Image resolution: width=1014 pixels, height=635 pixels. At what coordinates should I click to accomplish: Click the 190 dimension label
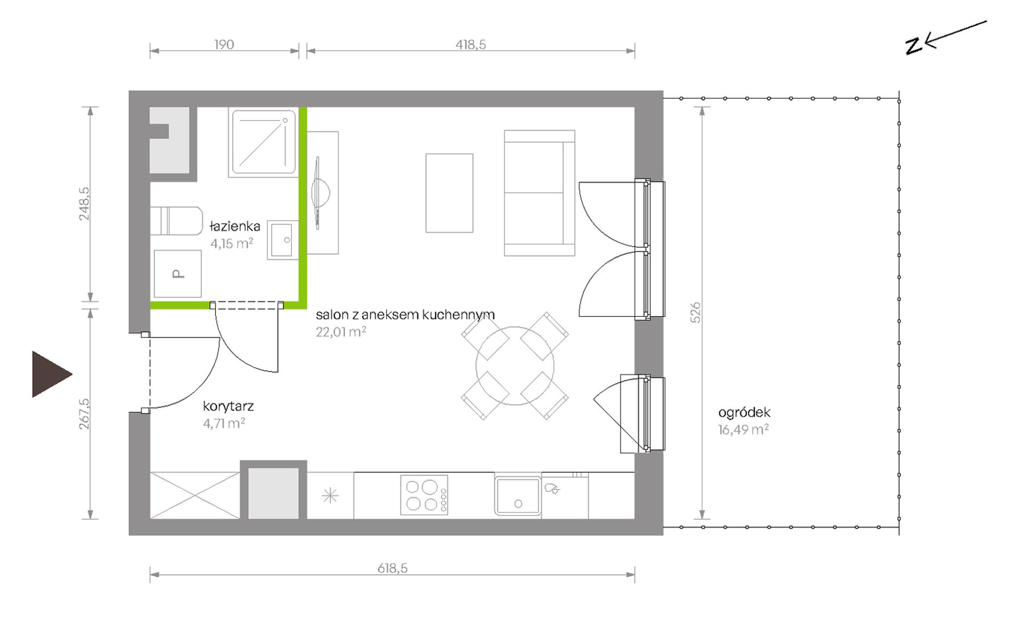(224, 44)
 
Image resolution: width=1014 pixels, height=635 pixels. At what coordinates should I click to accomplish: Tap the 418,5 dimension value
(471, 44)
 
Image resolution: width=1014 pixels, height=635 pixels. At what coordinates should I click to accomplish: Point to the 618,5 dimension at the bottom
(392, 568)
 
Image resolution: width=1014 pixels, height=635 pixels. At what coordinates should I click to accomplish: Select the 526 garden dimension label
(695, 312)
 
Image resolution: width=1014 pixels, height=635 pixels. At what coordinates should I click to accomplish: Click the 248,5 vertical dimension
(84, 203)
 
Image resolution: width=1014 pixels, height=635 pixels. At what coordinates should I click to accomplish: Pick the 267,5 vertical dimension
(84, 413)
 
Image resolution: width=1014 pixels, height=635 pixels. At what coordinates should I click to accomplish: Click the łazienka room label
(235, 226)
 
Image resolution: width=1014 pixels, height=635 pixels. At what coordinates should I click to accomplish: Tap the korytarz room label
(228, 406)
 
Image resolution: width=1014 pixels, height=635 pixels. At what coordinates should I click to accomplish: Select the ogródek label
(744, 412)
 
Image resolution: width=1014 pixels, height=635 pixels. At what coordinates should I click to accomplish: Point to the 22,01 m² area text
(341, 332)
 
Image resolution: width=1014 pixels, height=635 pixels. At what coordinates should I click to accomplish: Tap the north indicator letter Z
(914, 46)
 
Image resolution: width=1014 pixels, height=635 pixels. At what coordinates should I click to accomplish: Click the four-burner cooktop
(424, 496)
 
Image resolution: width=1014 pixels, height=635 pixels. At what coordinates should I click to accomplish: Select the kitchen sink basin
(518, 496)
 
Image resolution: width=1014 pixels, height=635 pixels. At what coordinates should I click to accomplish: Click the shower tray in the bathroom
(264, 142)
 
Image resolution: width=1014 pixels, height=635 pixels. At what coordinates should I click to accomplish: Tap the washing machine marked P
(178, 273)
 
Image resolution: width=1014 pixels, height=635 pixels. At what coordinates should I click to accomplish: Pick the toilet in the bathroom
(176, 221)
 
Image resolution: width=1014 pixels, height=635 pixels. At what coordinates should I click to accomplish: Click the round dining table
(515, 366)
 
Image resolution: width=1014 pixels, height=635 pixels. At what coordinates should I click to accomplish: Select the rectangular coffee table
(449, 193)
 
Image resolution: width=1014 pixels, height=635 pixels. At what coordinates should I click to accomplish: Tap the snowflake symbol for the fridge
(330, 496)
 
